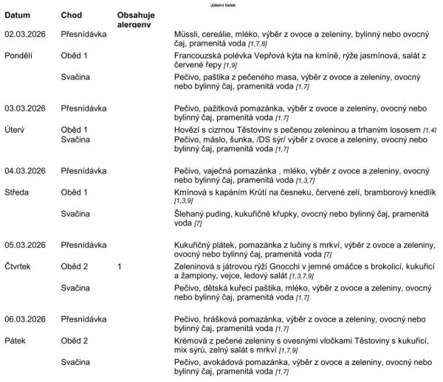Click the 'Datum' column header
pyautogui.click(x=18, y=15)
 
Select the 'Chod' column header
pyautogui.click(x=72, y=15)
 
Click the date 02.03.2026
pyautogui.click(x=25, y=34)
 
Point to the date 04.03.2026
pyautogui.click(x=25, y=172)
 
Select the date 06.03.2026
pyautogui.click(x=25, y=319)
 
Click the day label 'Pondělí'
pyautogui.click(x=19, y=55)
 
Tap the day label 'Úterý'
pyautogui.click(x=16, y=130)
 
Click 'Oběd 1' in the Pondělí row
pyautogui.click(x=75, y=55)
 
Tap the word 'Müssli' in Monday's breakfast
pyautogui.click(x=185, y=34)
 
